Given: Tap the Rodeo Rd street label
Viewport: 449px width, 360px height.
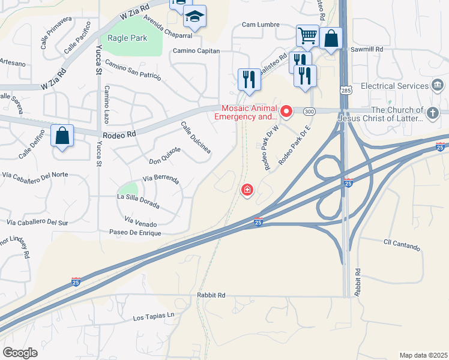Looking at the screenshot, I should [x=119, y=136].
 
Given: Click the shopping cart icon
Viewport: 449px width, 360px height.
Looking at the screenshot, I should [x=307, y=35].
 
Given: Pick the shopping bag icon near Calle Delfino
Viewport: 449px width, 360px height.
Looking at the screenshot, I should [x=62, y=135].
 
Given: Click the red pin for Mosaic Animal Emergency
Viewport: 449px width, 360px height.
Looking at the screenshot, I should [x=287, y=111].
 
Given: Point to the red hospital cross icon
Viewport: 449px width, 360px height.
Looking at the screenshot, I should [x=247, y=191].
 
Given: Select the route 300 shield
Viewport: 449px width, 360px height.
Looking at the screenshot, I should [x=309, y=112].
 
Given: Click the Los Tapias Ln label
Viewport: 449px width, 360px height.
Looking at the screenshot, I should [x=153, y=316].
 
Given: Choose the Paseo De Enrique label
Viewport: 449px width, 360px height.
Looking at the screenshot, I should [x=135, y=232].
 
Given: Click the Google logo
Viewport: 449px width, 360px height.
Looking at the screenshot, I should [x=20, y=353].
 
